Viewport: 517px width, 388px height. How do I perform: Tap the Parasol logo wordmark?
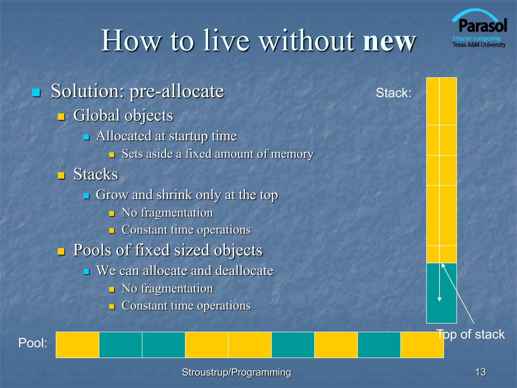(482, 26)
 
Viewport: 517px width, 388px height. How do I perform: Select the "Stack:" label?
(393, 93)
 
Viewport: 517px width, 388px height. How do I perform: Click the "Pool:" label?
(33, 343)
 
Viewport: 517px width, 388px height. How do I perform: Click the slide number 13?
(480, 372)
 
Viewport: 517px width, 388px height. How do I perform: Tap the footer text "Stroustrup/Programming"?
(236, 372)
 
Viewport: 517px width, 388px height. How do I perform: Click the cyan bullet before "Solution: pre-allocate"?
(36, 93)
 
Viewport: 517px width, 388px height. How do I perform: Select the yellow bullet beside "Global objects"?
(61, 117)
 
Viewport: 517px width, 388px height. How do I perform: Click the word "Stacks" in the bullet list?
(96, 174)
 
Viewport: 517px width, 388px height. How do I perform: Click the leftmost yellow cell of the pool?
(77, 345)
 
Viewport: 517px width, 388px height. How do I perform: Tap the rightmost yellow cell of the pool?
(422, 345)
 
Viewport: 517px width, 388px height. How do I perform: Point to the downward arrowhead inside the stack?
(439, 300)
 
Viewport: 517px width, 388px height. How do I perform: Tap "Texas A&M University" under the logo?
(479, 45)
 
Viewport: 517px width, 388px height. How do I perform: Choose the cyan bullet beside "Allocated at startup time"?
(87, 137)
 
